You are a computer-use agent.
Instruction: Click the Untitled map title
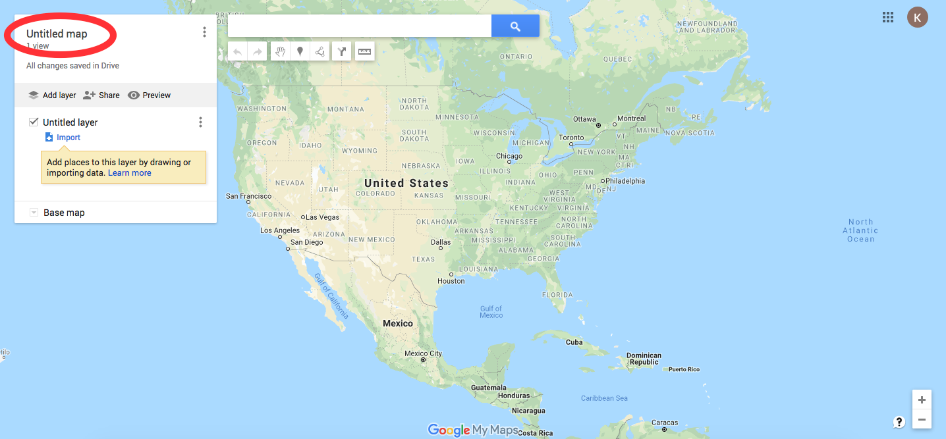pyautogui.click(x=57, y=34)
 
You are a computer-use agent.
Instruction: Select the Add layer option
pyautogui.click(x=52, y=95)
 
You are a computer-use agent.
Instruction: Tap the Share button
pyautogui.click(x=101, y=95)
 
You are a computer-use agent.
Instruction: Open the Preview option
pyautogui.click(x=149, y=95)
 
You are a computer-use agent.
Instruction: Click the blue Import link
pyautogui.click(x=68, y=138)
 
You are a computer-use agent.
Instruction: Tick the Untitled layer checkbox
pyautogui.click(x=34, y=122)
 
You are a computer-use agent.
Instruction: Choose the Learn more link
pyautogui.click(x=130, y=173)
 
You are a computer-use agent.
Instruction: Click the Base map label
pyautogui.click(x=64, y=213)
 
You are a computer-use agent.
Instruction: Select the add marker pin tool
pyautogui.click(x=300, y=51)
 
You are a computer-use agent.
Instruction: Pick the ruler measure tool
pyautogui.click(x=364, y=51)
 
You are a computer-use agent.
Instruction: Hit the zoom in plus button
pyautogui.click(x=922, y=400)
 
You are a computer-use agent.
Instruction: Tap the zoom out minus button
pyautogui.click(x=922, y=419)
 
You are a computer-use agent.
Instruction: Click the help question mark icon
pyautogui.click(x=899, y=422)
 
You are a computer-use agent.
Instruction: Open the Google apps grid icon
pyautogui.click(x=888, y=17)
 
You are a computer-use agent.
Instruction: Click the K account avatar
pyautogui.click(x=917, y=17)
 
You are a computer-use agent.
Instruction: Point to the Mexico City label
pyautogui.click(x=423, y=353)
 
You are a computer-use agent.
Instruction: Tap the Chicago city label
pyautogui.click(x=509, y=156)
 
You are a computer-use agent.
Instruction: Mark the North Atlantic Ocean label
pyautogui.click(x=860, y=230)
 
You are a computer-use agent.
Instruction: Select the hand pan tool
pyautogui.click(x=280, y=51)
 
